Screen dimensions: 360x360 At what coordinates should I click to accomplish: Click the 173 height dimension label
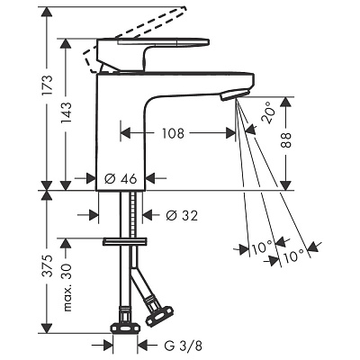coord(48,85)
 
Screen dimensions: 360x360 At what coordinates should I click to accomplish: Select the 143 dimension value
coord(66,113)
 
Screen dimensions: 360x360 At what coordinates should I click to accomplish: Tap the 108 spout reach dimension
coord(173,133)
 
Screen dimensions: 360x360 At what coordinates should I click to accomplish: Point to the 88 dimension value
coord(286,139)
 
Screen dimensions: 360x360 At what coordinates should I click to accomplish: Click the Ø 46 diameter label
coord(121,179)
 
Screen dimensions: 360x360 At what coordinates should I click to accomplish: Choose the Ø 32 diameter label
coord(182,215)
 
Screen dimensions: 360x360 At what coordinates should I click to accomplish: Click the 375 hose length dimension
coord(48,266)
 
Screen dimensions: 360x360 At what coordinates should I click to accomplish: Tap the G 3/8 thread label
coord(183,346)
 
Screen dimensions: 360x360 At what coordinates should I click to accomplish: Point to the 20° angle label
coord(267,112)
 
